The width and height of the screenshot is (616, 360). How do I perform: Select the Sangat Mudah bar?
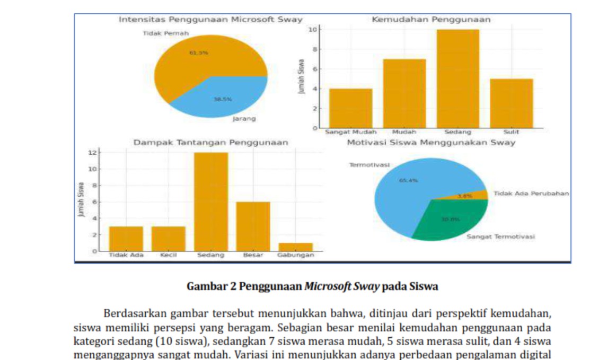[x=350, y=108]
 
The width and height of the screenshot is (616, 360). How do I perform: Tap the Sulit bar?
[x=511, y=103]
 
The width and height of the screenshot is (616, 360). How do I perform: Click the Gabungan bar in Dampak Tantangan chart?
[x=295, y=247]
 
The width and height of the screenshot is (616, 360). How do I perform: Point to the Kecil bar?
[x=168, y=239]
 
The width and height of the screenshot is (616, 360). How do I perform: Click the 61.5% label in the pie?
[x=199, y=52]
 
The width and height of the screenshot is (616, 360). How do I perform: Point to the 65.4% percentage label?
[x=408, y=180]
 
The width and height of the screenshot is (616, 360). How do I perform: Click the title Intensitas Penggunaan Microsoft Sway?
[x=210, y=20]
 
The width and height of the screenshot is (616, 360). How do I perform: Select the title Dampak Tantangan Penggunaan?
[x=210, y=143]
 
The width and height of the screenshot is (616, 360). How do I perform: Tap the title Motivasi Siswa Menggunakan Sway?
[x=431, y=143]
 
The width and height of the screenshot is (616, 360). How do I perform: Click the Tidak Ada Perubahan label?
[x=531, y=194]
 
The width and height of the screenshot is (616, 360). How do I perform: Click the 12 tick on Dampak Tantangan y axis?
[x=93, y=153]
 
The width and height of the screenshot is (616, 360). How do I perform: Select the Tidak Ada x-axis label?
[x=126, y=255]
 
